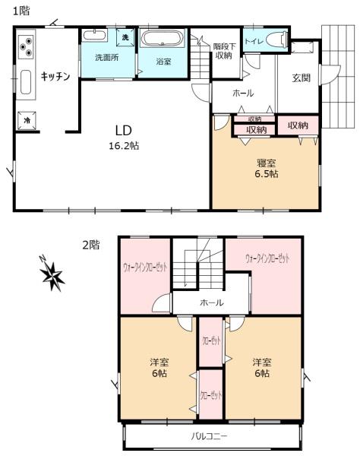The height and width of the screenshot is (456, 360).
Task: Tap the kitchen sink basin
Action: pyautogui.click(x=26, y=82)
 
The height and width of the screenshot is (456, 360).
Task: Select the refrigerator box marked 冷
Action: pyautogui.click(x=27, y=120)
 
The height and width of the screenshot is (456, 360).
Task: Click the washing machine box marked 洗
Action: pyautogui.click(x=125, y=37)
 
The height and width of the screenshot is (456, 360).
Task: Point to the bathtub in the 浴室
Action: pyautogui.click(x=163, y=39)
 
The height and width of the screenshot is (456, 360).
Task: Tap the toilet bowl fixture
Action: pyautogui.click(x=276, y=40)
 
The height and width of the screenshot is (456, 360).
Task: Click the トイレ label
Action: pyautogui.click(x=254, y=42)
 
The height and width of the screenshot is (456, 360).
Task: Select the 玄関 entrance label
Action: pyautogui.click(x=301, y=78)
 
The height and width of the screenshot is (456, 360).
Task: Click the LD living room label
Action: pyautogui.click(x=124, y=131)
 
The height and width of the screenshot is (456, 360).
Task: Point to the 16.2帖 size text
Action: pyautogui.click(x=124, y=146)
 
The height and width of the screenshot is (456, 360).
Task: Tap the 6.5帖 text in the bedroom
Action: pyautogui.click(x=267, y=174)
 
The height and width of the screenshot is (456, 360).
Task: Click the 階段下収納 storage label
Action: pyautogui.click(x=224, y=51)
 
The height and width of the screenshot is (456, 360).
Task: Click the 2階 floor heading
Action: pyautogui.click(x=91, y=245)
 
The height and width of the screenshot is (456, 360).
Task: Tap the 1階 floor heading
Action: pyautogui.click(x=21, y=11)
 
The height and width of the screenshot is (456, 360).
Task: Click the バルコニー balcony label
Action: pyautogui.click(x=210, y=436)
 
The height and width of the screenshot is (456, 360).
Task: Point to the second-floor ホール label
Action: pyautogui.click(x=212, y=302)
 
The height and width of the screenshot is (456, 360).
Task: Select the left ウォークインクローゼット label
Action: pyautogui.click(x=145, y=267)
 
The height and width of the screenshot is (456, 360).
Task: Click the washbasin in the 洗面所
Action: pyautogui.click(x=94, y=36)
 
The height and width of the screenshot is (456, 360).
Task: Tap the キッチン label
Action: pyautogui.click(x=55, y=77)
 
